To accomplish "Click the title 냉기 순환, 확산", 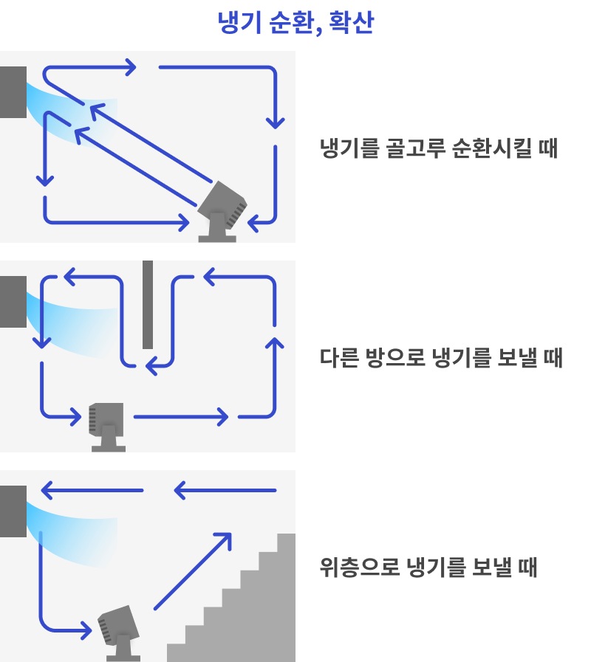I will click(295, 24).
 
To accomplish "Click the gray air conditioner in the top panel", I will click(13, 92).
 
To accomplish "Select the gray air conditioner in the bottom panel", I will click(13, 511).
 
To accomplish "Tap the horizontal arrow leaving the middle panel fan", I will click(181, 417).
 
